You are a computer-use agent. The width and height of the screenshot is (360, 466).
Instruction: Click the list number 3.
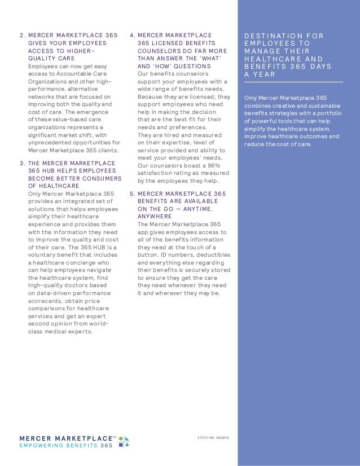[x=21, y=164]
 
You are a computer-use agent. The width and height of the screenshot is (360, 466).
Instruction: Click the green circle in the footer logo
[x=121, y=437]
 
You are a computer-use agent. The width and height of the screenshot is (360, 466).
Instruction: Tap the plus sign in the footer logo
[x=128, y=445]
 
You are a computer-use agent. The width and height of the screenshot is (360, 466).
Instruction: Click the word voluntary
[x=45, y=254]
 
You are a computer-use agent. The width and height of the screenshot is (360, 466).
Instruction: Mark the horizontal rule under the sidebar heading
[x=293, y=82]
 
